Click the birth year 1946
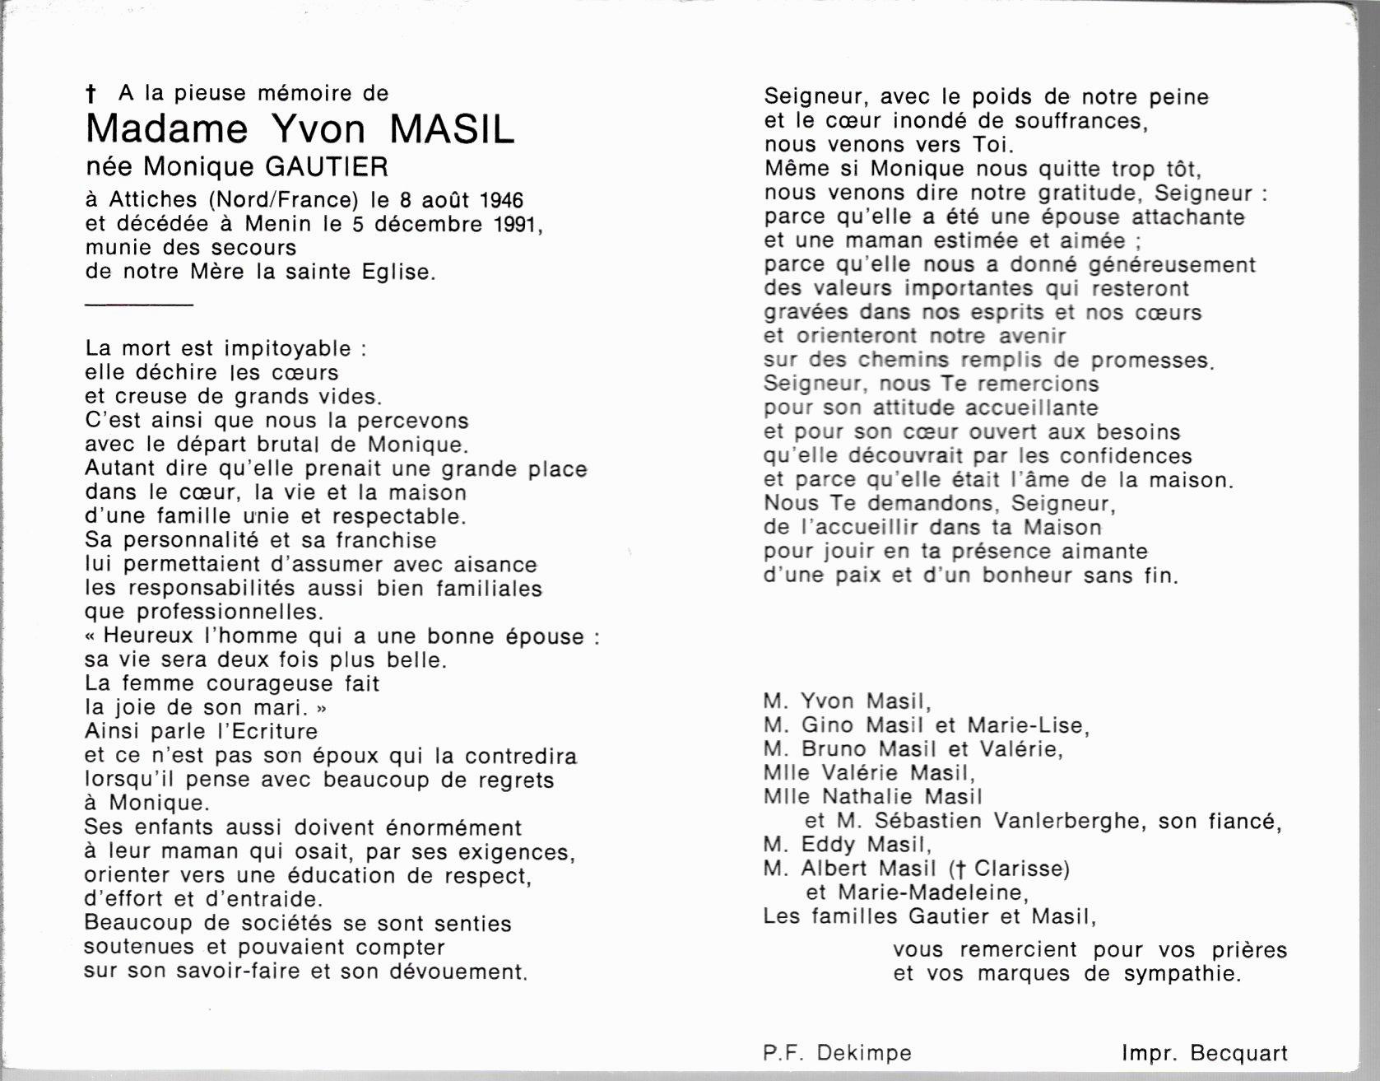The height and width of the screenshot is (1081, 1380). (x=501, y=200)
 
